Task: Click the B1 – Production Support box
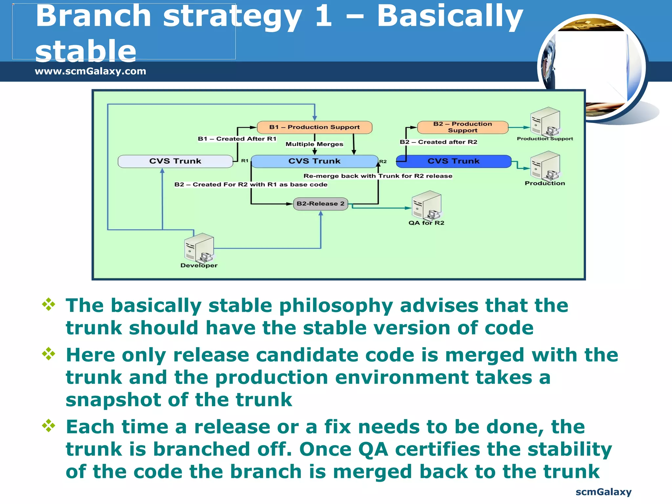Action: point(314,127)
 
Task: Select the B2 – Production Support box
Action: point(462,127)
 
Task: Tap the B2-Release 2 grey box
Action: point(320,204)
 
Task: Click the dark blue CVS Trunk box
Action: point(453,161)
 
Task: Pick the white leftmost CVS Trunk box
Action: point(175,161)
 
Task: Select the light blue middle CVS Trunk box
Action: point(314,161)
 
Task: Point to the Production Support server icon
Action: point(545,122)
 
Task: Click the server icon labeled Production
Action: point(545,166)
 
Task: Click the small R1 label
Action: point(245,161)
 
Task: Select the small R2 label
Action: point(383,161)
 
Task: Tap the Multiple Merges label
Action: point(314,144)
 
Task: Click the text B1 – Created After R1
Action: point(237,139)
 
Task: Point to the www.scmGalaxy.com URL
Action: point(90,71)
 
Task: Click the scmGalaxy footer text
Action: point(603,492)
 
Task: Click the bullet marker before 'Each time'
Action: point(49,426)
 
